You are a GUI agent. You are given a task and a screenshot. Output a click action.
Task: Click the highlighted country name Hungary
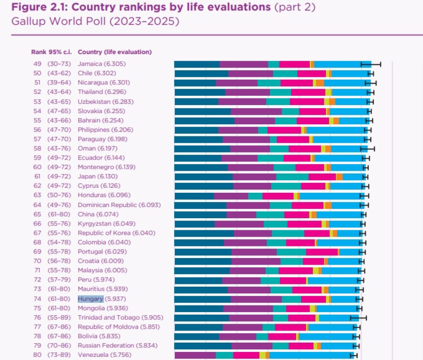[x=90, y=299]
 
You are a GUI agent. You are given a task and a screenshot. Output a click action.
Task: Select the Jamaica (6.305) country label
[x=102, y=64]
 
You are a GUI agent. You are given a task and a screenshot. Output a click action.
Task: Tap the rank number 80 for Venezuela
[x=37, y=355]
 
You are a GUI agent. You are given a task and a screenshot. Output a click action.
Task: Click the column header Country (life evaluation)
[x=114, y=51]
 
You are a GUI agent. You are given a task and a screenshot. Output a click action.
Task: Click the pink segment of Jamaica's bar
[x=294, y=64]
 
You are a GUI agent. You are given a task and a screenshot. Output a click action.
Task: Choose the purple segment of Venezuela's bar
[x=195, y=355]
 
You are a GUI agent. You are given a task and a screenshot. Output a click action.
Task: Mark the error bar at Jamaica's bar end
[x=371, y=64]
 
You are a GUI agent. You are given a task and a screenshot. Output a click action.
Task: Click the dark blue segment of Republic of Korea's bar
[x=204, y=233]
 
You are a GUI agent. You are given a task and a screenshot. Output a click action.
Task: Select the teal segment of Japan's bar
[x=292, y=177]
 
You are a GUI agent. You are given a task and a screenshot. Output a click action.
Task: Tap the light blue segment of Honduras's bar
[x=330, y=195]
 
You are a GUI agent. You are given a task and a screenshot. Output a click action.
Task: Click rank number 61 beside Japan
[x=37, y=176]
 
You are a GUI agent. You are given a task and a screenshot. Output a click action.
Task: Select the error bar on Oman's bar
[x=368, y=148]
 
